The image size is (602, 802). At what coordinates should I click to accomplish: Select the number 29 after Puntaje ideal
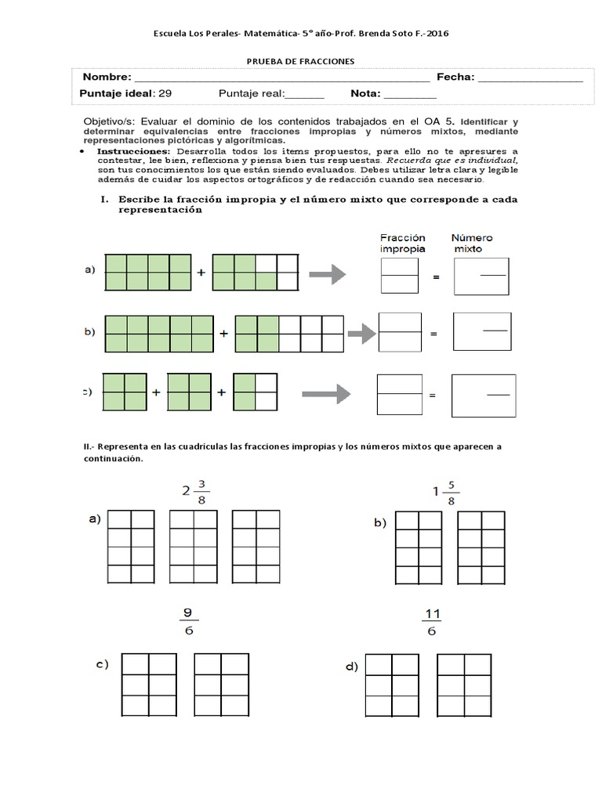coord(165,93)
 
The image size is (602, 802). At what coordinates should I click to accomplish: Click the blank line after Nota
coord(410,96)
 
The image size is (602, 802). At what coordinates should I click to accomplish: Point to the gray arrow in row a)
coord(328,274)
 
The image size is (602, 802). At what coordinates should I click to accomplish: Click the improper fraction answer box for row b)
coord(400,332)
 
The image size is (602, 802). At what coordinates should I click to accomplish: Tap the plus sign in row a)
coord(201,273)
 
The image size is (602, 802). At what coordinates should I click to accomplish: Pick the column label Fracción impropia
coord(403,242)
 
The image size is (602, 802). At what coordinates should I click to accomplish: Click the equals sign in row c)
coord(432,397)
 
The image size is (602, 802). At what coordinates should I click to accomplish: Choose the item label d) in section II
coord(350,667)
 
